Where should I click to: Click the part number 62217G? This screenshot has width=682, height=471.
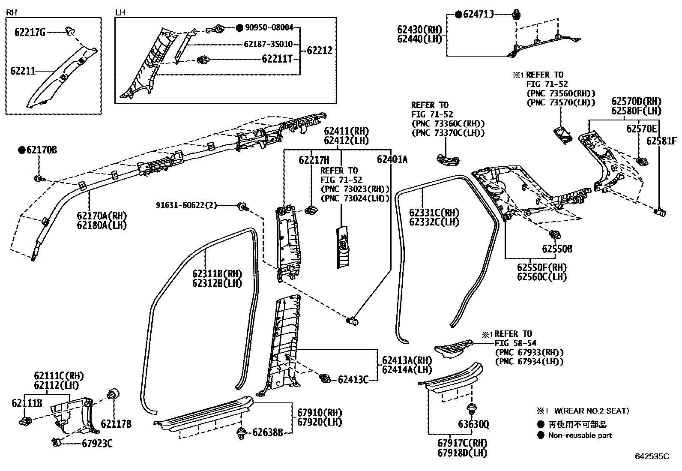point(30,32)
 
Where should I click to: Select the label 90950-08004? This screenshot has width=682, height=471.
point(269,28)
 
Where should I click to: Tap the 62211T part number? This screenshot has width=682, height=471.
point(277,59)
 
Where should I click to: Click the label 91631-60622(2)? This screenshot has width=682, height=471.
point(186,206)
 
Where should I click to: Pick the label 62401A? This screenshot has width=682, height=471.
point(392,159)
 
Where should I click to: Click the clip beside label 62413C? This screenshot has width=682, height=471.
point(325,378)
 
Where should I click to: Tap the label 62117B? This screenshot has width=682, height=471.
point(116,424)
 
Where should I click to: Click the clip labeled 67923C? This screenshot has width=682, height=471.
point(56,441)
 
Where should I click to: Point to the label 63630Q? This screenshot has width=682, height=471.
point(473,425)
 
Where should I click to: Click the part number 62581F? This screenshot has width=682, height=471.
point(662,141)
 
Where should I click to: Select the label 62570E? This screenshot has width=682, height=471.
point(641,129)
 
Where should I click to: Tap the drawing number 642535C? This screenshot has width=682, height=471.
point(652,457)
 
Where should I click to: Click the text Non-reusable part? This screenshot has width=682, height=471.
point(580,435)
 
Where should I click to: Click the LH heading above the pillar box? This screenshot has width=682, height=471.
point(120,12)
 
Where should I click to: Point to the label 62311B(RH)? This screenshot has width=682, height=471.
point(217,274)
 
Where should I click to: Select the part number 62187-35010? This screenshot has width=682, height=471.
point(268,44)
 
